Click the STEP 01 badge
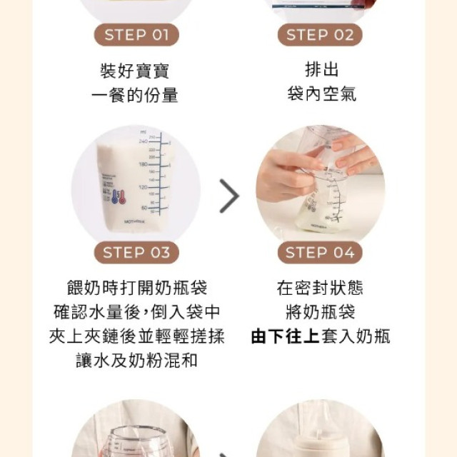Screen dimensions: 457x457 tap(136, 34)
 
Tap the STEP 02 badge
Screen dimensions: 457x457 tap(319, 34)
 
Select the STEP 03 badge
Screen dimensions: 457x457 tap(136, 252)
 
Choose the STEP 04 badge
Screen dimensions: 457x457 tap(319, 252)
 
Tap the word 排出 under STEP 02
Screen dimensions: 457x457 tap(321, 70)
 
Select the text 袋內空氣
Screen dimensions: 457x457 tap(321, 94)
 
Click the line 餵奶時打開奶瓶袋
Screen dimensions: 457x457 tap(136, 288)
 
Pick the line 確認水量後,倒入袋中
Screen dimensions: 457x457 tap(136, 312)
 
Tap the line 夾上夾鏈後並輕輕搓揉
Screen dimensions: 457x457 tap(136, 336)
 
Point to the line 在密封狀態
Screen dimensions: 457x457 tap(320, 288)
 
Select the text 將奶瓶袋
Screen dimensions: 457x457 tap(320, 312)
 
